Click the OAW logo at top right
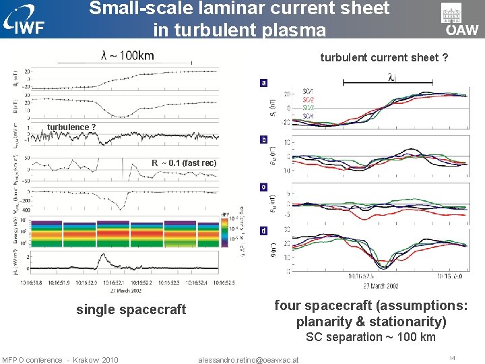[461, 20]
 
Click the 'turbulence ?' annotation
[71, 127]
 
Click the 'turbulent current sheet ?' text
[384, 57]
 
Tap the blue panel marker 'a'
[263, 82]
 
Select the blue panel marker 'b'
[263, 140]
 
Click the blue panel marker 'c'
[263, 187]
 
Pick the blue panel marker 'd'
[263, 231]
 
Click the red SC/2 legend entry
[308, 99]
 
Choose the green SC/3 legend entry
[308, 108]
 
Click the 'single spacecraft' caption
[131, 309]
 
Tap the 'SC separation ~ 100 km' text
[370, 337]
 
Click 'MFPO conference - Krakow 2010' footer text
[60, 359]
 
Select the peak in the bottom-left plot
[101, 255]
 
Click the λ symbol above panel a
[391, 77]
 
